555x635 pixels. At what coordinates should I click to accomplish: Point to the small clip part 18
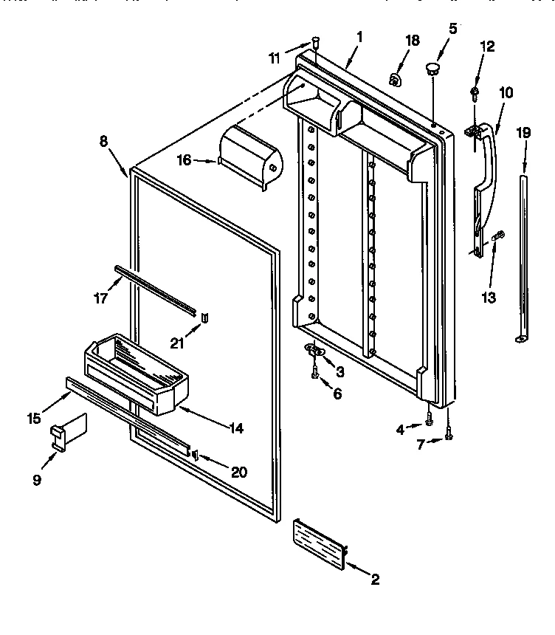click(x=396, y=79)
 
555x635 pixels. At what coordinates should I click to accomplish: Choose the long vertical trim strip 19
click(x=523, y=251)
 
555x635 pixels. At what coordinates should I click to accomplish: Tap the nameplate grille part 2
click(x=320, y=544)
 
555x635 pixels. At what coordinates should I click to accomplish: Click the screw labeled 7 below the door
click(x=448, y=436)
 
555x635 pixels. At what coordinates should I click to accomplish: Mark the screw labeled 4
click(x=429, y=421)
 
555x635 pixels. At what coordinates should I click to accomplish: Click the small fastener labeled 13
click(x=497, y=236)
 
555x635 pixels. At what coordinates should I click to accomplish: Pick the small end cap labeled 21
click(x=204, y=317)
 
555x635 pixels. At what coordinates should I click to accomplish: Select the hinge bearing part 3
click(x=314, y=349)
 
